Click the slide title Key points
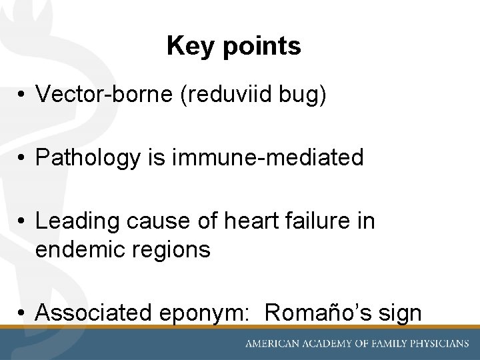[x=234, y=46]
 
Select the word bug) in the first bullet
[x=304, y=95]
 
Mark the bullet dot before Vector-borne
[x=23, y=95]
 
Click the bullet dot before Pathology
[x=23, y=158]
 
